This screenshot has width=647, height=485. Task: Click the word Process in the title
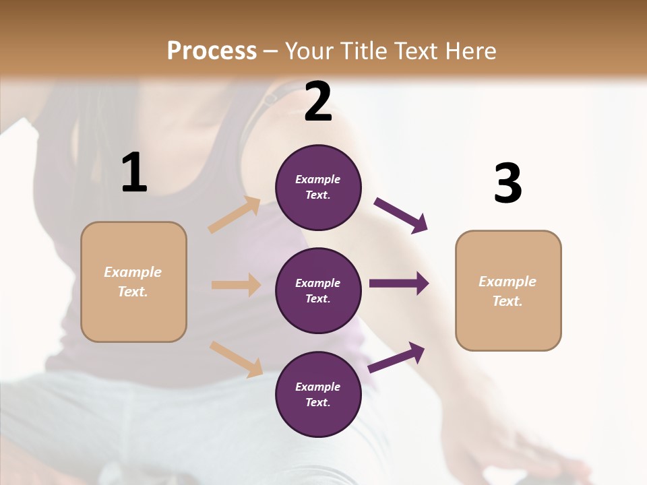coord(212,51)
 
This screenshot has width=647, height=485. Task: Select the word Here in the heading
coord(466,51)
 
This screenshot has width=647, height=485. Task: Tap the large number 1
coord(134,173)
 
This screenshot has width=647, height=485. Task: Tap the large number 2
coord(318,102)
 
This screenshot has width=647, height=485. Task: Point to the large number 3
coord(507,184)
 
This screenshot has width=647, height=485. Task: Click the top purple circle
coord(318,187)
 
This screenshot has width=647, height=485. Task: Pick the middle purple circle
coord(318,290)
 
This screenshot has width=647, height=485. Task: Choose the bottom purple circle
coord(318,394)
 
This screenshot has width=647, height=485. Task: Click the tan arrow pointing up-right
coord(235,216)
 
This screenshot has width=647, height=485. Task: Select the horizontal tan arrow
coord(236,285)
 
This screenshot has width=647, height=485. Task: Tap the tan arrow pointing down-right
coord(236,358)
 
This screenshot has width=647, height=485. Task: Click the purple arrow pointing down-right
coord(401,216)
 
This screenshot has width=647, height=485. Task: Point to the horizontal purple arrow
coord(399,284)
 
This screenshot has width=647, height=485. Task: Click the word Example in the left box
coord(133,272)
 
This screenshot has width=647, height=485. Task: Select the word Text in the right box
coord(507,301)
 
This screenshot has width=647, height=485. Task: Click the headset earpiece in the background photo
coord(270,99)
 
